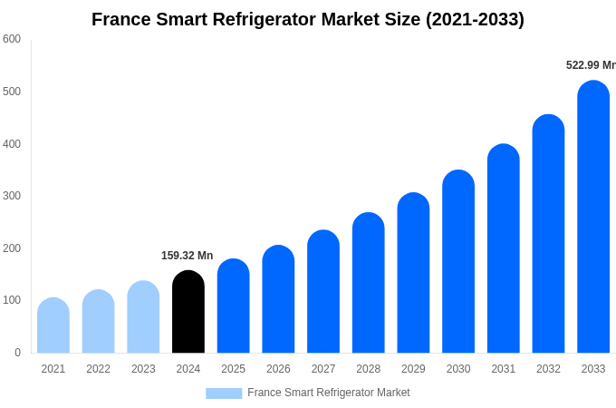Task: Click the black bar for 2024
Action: click(188, 312)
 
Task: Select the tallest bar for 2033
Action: click(593, 218)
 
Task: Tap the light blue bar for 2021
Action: click(53, 325)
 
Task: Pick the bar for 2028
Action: click(369, 283)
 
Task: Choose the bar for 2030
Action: click(458, 262)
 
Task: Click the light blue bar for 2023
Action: click(143, 317)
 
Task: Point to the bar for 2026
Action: click(278, 299)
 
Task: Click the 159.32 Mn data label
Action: click(187, 256)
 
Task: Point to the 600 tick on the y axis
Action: click(12, 39)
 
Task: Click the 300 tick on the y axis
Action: click(12, 196)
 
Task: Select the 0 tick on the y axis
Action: click(17, 353)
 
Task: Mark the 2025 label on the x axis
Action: click(233, 369)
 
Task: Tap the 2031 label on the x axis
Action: click(503, 369)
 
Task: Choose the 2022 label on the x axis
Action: click(98, 369)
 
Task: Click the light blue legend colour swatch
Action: click(224, 393)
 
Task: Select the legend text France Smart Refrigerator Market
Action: click(328, 393)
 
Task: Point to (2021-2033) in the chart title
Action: click(475, 19)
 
